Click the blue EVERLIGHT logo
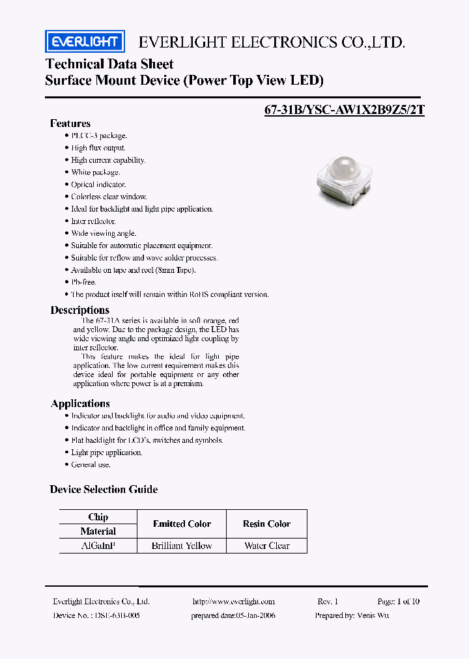pyautogui.click(x=85, y=42)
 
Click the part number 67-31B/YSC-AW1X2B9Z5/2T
pyautogui.click(x=345, y=110)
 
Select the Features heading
pyautogui.click(x=70, y=124)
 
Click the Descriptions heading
pyautogui.click(x=80, y=310)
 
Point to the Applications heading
pyautogui.click(x=80, y=404)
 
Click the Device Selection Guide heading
pyautogui.click(x=104, y=489)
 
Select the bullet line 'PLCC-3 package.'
pyautogui.click(x=99, y=135)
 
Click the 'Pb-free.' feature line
pyautogui.click(x=84, y=282)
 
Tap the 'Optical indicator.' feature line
pyautogui.click(x=98, y=184)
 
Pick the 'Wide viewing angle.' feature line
pyautogui.click(x=104, y=233)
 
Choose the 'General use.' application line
pyautogui.click(x=91, y=464)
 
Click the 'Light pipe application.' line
pyautogui.click(x=106, y=453)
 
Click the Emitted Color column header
pyautogui.click(x=182, y=524)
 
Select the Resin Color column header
pyautogui.click(x=266, y=524)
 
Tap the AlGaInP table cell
pyautogui.click(x=98, y=546)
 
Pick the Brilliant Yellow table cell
pyautogui.click(x=182, y=546)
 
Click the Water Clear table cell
pyautogui.click(x=266, y=546)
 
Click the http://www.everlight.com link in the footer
pyautogui.click(x=234, y=602)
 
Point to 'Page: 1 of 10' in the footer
pyautogui.click(x=398, y=602)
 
